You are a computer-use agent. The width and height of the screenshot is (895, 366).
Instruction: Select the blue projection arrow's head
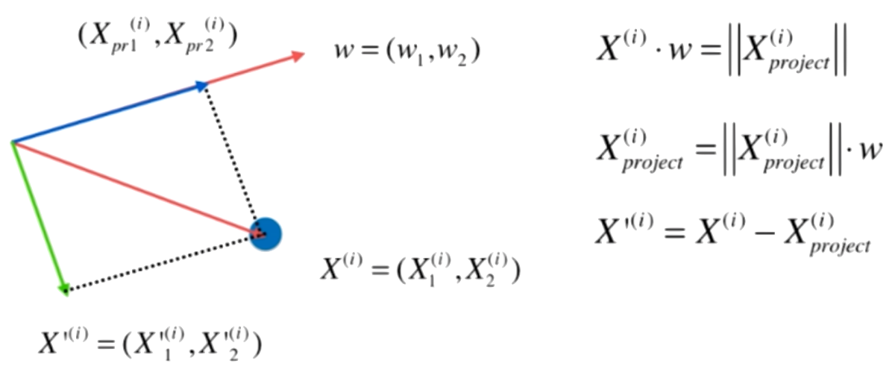[x=201, y=86]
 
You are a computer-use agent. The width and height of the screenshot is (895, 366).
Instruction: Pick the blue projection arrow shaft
[x=104, y=113]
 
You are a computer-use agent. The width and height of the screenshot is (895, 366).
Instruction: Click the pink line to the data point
[x=134, y=187]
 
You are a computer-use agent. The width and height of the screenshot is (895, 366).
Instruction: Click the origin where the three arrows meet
[x=12, y=142]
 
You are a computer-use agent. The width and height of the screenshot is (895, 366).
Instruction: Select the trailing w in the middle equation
[x=870, y=155]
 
